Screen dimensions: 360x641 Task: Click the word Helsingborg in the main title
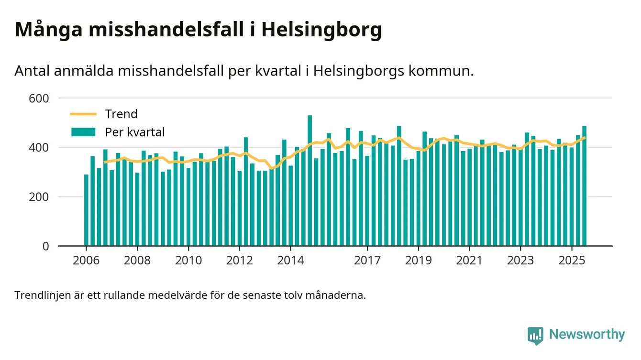[x=321, y=30]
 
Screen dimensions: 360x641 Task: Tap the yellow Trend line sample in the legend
[x=83, y=114]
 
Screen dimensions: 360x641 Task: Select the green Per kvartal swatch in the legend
[x=83, y=132]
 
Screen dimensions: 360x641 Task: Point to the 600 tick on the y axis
[x=39, y=98]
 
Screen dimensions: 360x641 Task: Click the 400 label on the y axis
[x=39, y=148]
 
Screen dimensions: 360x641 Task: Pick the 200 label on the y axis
[x=39, y=197]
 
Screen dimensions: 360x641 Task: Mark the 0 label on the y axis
[x=46, y=246]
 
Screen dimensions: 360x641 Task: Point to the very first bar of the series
[x=86, y=210]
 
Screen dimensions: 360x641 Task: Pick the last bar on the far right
[x=584, y=186]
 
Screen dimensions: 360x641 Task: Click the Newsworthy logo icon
[x=535, y=335]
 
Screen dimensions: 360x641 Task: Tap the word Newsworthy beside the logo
[x=587, y=335]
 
